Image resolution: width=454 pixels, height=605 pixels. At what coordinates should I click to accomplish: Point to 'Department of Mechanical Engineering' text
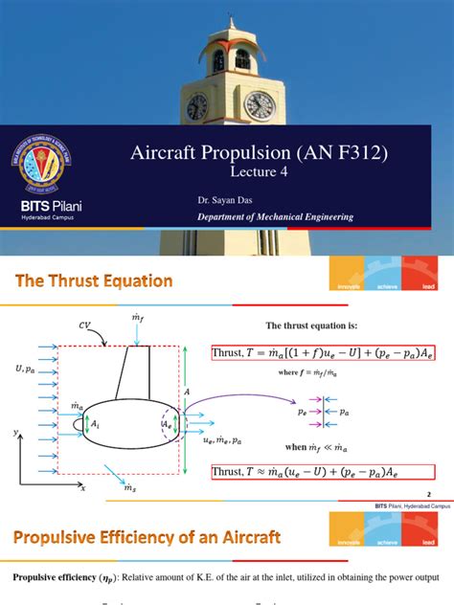[x=275, y=217]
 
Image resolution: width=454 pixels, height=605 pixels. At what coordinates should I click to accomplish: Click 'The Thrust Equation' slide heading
[x=93, y=280]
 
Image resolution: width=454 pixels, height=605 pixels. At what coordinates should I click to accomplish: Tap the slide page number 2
[x=428, y=495]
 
